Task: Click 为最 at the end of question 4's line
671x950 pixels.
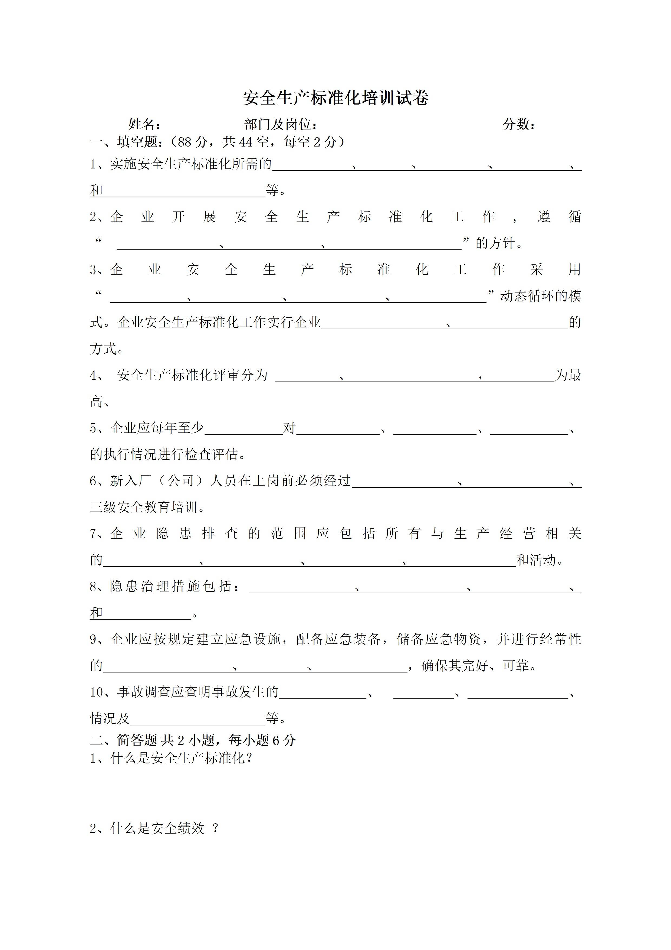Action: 568,375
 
